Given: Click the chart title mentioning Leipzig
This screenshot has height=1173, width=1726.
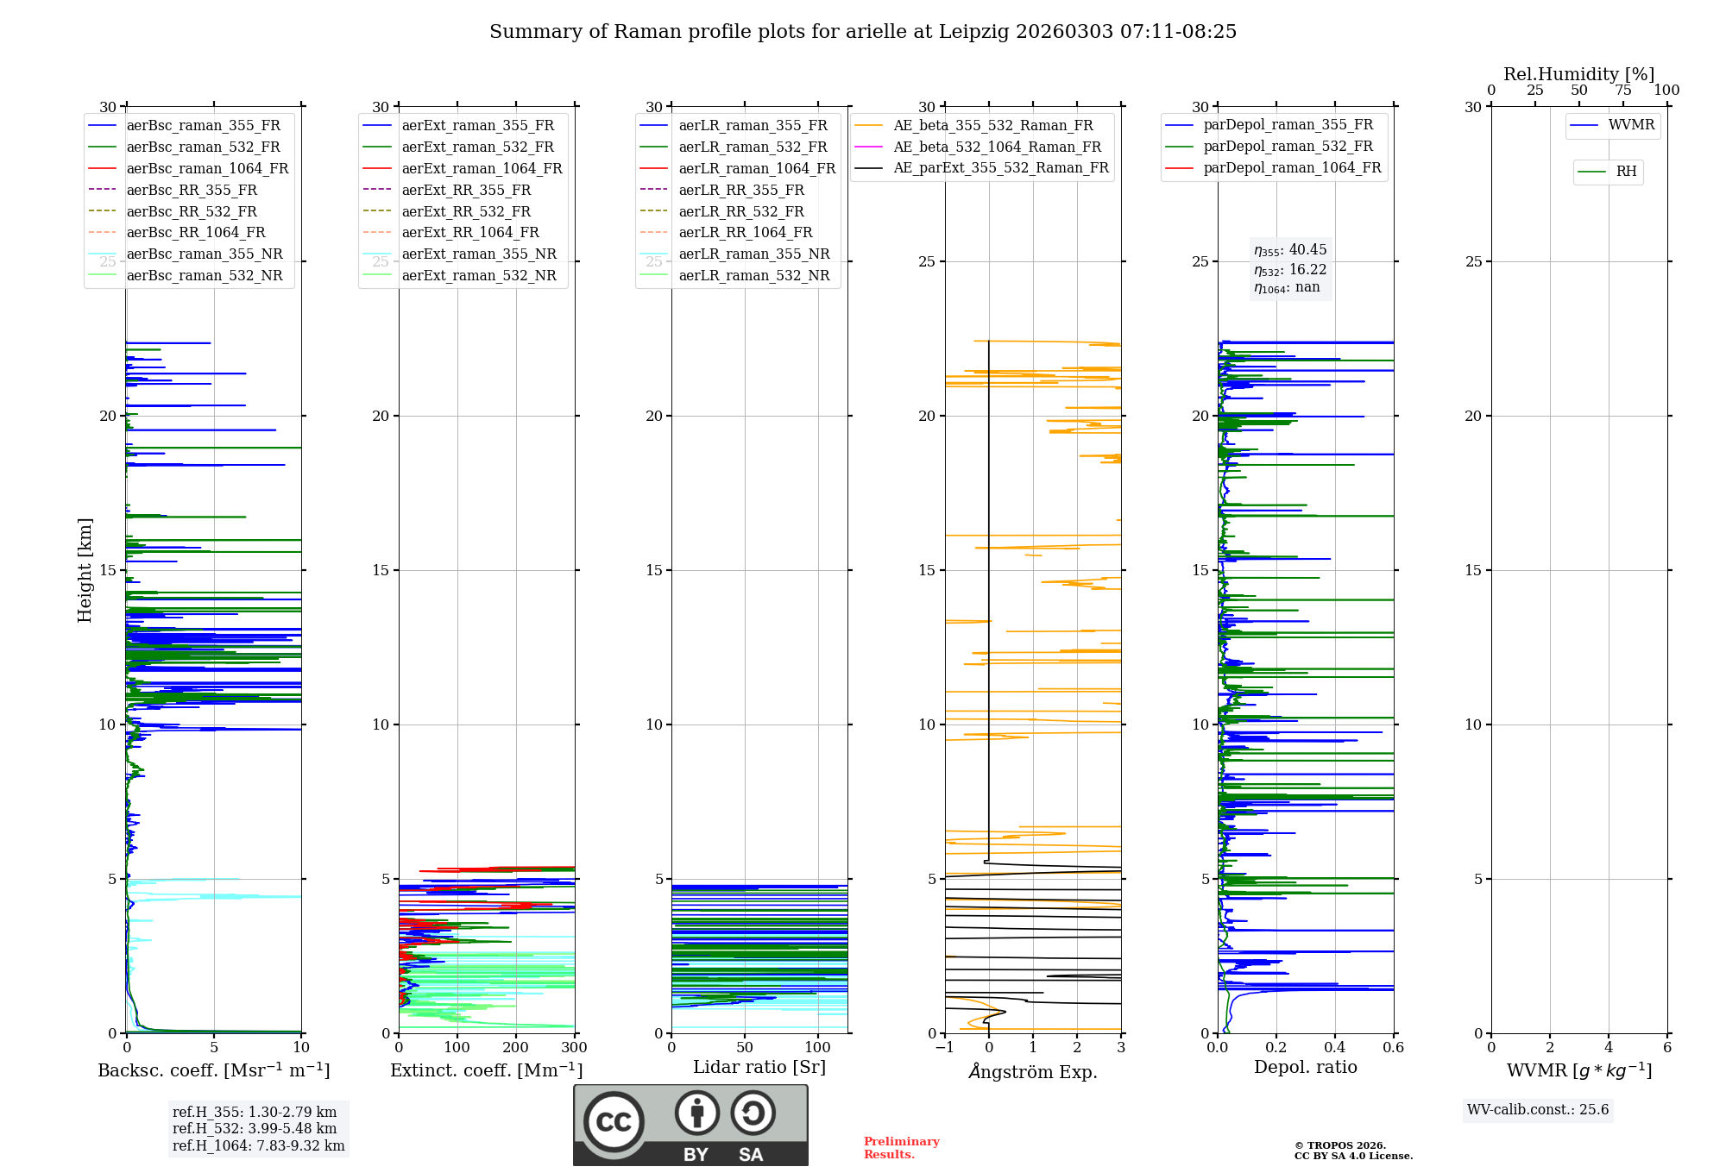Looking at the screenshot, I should [x=863, y=32].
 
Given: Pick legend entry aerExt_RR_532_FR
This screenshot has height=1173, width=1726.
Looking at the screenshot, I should [x=466, y=212].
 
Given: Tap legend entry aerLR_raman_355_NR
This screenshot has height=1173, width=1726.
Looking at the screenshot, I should [x=753, y=254].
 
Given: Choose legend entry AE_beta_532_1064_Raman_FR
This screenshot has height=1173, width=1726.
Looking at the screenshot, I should [x=997, y=147].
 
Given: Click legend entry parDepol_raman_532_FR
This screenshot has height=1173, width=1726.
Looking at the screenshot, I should [x=1288, y=147].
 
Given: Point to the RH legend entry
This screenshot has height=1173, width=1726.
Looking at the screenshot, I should [x=1626, y=172].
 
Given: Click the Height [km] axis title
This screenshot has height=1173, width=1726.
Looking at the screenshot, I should [x=85, y=570].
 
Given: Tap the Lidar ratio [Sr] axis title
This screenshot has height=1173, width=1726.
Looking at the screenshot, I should [x=759, y=1068].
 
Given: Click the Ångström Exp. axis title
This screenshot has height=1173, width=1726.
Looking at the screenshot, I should [x=1033, y=1072].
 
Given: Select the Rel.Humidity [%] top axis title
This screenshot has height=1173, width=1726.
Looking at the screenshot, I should [x=1578, y=74].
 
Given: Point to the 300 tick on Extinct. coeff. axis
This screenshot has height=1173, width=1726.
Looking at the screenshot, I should [x=574, y=1048].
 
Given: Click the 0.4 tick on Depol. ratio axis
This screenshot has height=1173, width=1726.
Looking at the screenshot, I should [x=1335, y=1048].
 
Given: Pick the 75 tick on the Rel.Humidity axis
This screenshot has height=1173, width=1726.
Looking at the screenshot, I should [x=1622, y=91].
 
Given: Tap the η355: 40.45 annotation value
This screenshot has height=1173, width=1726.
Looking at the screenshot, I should [x=1290, y=250].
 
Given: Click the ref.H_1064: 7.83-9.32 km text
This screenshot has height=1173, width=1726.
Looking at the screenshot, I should [x=258, y=1146].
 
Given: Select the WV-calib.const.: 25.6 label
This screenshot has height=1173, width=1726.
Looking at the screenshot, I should [x=1538, y=1110].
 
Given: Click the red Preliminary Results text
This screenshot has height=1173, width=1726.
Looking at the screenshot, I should [x=902, y=1148].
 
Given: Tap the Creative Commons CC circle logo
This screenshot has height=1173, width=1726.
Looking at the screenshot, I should [x=614, y=1122].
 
